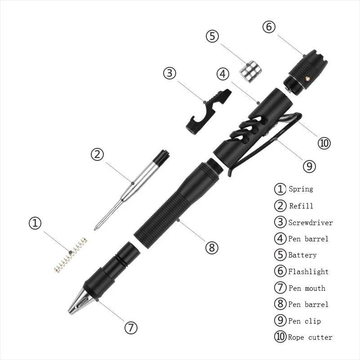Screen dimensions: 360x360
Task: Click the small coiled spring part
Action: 70,257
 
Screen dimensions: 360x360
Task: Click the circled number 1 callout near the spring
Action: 36,223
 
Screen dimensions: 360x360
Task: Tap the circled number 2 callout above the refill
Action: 98,155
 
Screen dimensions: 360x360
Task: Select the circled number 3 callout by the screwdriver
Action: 169,73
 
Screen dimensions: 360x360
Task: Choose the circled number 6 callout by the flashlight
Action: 268,27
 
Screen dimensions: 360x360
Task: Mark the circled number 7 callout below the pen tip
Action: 130,328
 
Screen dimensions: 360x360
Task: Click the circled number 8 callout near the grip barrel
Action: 212,247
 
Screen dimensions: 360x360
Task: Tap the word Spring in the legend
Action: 301,189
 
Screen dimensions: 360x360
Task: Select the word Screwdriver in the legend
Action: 311,222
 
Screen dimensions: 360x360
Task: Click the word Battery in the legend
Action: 302,255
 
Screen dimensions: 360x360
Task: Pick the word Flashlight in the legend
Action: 308,271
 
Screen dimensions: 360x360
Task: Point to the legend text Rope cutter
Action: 310,337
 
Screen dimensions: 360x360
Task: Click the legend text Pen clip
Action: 304,321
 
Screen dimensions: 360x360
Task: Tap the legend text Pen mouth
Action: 307,288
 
